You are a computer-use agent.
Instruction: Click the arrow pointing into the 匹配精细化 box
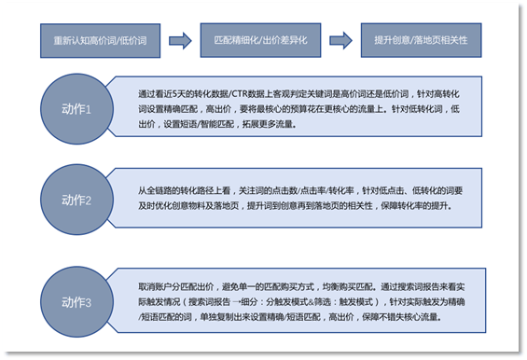coord(184,42)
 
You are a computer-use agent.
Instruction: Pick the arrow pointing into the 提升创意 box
coord(341,42)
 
